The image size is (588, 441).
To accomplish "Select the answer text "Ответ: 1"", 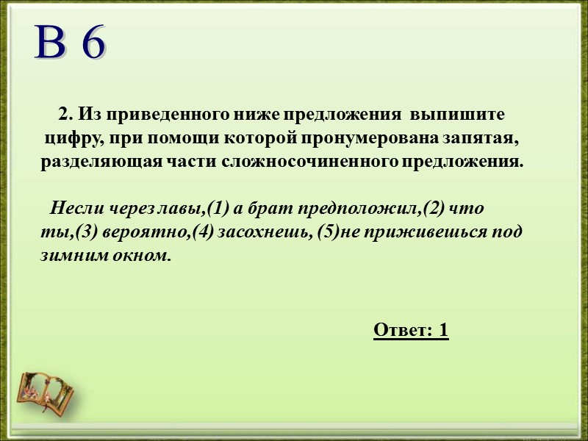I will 411,330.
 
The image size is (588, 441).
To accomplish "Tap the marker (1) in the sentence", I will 218,209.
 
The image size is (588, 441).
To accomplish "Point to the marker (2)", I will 434,209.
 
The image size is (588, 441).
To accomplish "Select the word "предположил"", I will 359,209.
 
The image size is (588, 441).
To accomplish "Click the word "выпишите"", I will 458,115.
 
